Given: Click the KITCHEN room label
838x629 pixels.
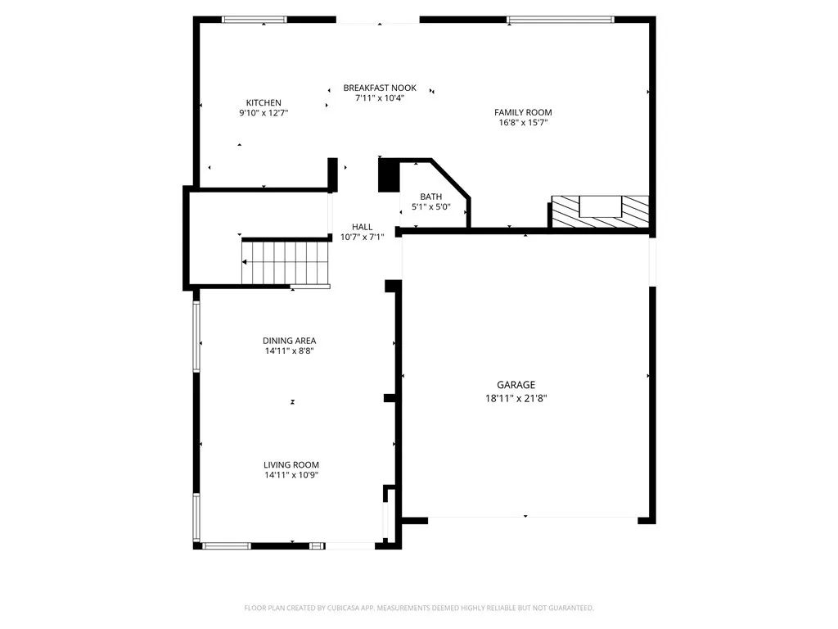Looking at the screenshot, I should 264,102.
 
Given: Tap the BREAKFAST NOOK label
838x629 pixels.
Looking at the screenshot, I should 380,88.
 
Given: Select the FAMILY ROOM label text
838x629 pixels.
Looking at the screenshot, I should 523,112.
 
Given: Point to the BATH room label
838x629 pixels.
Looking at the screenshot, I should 430,197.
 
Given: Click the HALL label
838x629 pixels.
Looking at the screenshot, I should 362,227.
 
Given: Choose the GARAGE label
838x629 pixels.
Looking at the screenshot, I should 516,384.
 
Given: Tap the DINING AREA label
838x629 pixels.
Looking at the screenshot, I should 289,341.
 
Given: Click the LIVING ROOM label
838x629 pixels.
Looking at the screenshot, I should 291,464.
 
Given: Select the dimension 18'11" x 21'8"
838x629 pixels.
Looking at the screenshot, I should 516,398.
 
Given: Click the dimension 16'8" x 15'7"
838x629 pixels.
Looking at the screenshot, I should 523,123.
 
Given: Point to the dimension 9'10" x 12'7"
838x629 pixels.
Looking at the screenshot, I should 264,113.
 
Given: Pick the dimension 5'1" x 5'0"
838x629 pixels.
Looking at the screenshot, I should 430,206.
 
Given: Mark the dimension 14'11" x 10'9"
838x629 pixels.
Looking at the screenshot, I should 291,475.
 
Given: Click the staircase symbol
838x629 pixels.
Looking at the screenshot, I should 286,262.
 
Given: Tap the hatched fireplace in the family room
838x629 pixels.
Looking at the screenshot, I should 600,211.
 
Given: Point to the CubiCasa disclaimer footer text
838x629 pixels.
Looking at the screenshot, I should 419,608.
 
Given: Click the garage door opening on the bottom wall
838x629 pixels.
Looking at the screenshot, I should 532,518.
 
